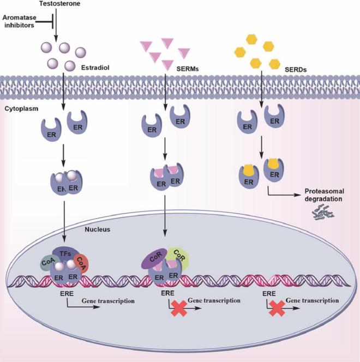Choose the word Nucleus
coord(98,229)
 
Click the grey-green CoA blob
coord(47,263)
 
